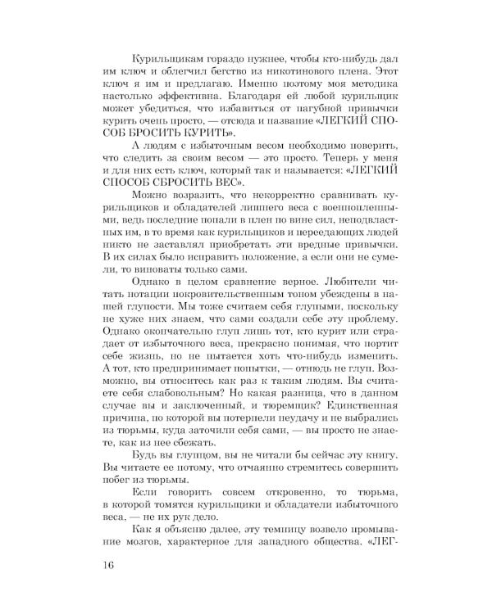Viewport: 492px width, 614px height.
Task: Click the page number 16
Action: (108, 566)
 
